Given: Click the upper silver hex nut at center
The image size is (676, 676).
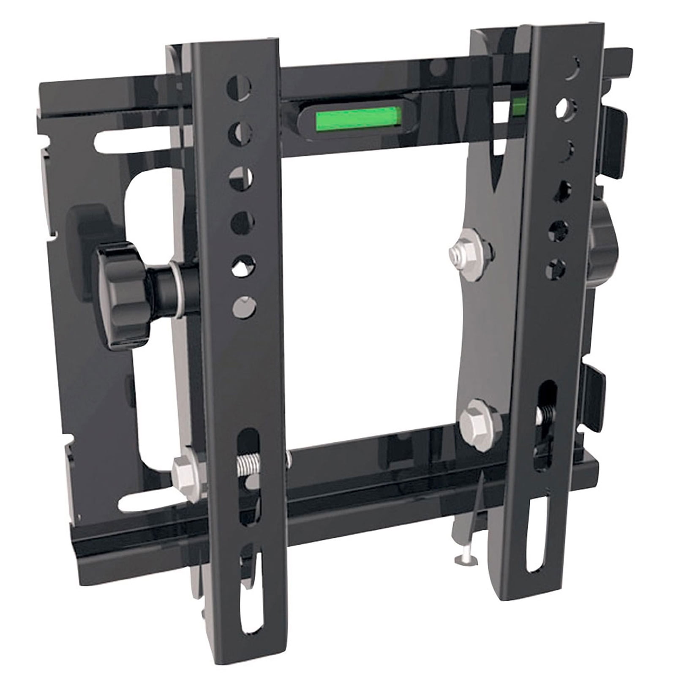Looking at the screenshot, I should pyautogui.click(x=471, y=253).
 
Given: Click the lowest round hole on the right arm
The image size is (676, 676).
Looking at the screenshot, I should pyautogui.click(x=556, y=268).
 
